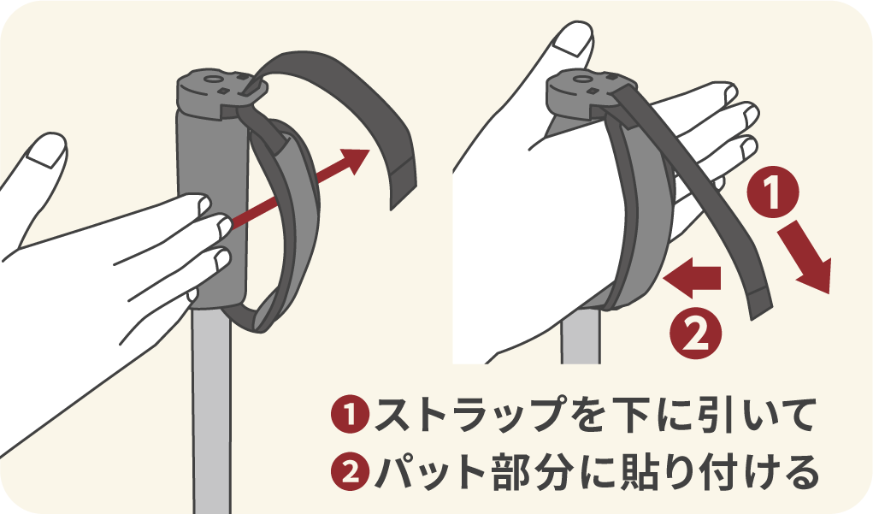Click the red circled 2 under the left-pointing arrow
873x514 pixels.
698,330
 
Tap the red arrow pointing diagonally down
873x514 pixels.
811,262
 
